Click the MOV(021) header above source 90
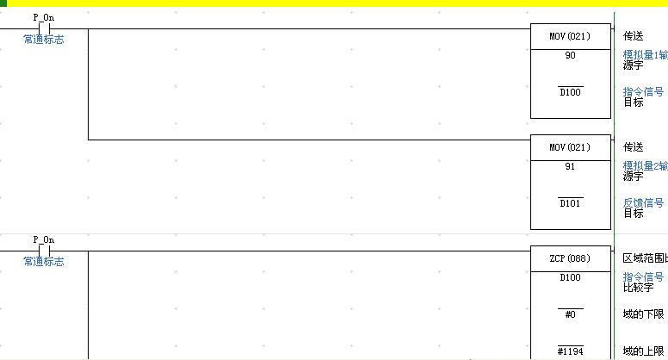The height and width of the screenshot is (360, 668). point(570,37)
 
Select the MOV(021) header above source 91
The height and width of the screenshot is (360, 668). point(570,147)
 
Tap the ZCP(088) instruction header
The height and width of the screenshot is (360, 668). point(570,258)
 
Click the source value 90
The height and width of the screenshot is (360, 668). point(570,55)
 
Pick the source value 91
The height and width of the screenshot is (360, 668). point(570,165)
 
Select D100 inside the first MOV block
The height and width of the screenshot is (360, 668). point(570,92)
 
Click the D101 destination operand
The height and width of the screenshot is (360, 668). point(570,203)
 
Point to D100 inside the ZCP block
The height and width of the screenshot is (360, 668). point(570,277)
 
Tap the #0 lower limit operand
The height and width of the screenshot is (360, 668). point(570,314)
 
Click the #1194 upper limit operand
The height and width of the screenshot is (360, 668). point(570,351)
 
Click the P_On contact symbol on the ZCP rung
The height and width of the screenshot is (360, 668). point(44,251)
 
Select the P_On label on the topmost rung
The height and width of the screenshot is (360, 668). point(43,17)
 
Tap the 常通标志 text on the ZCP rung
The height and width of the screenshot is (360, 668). point(43,262)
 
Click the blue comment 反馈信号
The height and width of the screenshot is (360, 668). point(643,202)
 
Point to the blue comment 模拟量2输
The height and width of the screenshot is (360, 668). point(645,165)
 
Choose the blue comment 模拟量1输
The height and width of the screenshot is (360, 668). point(645,55)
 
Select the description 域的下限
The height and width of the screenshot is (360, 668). point(644,314)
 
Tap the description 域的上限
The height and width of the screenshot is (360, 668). point(644,351)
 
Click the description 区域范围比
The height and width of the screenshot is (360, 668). point(644,258)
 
